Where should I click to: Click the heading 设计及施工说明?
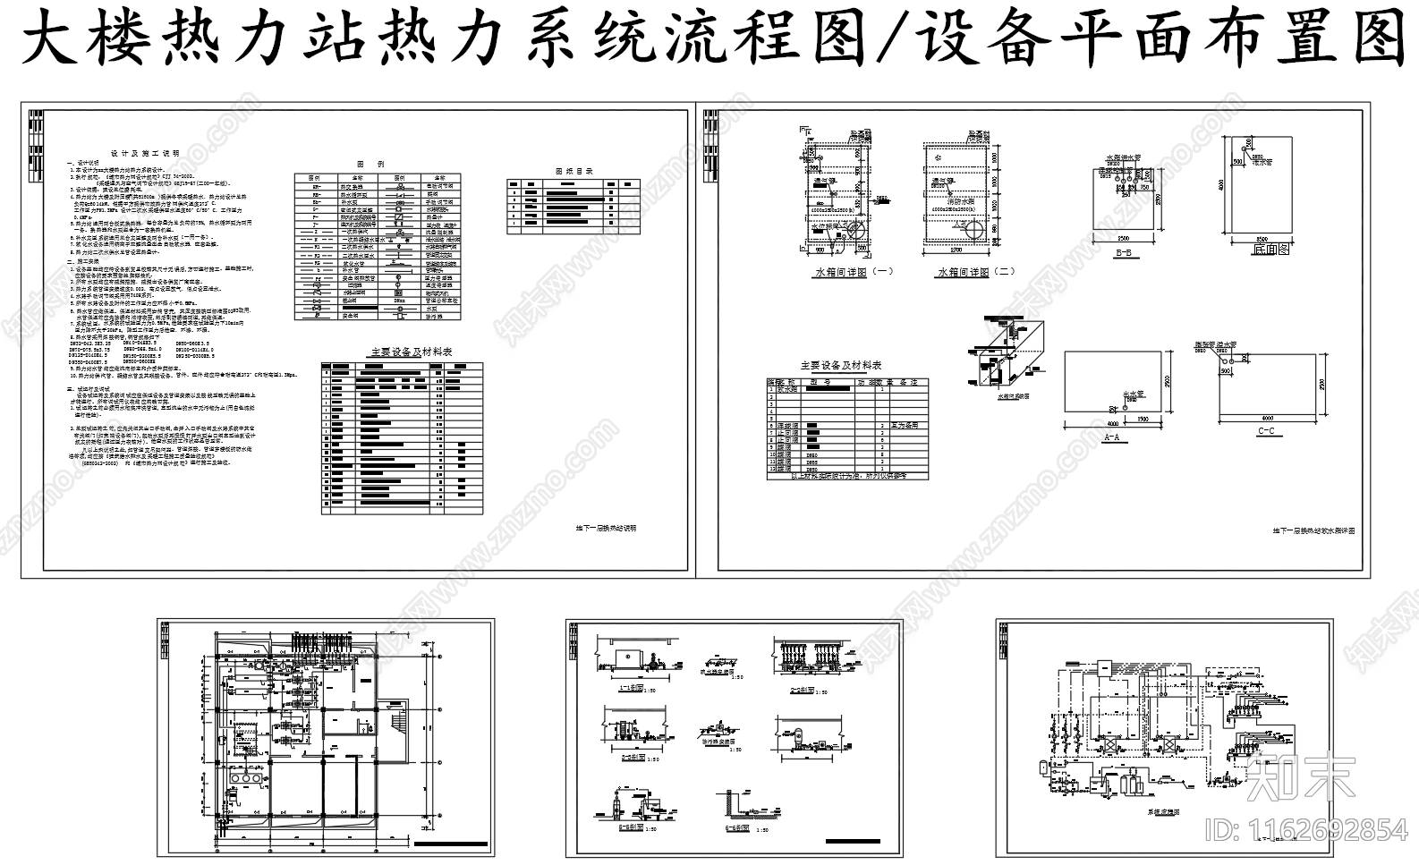[x=144, y=153]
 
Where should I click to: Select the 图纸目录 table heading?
[x=574, y=170]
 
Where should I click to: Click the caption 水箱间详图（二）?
[x=975, y=271]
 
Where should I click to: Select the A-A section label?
[x=1112, y=437]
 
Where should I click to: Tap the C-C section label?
[x=1265, y=431]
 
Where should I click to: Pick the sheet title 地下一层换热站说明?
[x=606, y=528]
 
